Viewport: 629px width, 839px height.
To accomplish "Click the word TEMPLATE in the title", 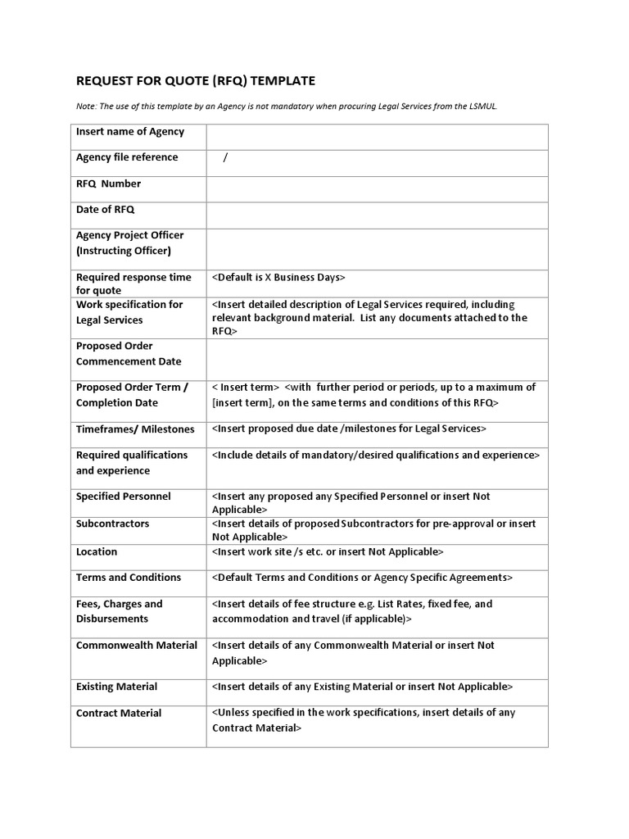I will [x=283, y=80].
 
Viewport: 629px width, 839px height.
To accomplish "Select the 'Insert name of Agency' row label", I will [x=130, y=132].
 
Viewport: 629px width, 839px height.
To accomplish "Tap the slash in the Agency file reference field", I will [x=225, y=158].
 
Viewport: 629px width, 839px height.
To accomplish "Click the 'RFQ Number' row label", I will [x=108, y=184].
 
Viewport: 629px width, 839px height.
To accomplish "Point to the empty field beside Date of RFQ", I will [x=377, y=215].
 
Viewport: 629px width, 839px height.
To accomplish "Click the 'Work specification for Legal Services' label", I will [x=129, y=312].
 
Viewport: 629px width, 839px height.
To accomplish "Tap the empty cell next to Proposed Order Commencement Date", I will [x=377, y=359].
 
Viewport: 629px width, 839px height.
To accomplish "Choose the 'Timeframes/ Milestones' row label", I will [x=135, y=429].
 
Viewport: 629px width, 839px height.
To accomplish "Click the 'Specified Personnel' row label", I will [x=124, y=497].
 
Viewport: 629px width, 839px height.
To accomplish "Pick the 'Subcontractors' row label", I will [x=112, y=524].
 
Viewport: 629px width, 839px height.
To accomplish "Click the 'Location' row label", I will [x=97, y=552].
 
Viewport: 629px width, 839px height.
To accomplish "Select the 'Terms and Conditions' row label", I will [x=129, y=578].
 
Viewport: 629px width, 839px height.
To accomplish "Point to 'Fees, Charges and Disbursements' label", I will [x=120, y=611].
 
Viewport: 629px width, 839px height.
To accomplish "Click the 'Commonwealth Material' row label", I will [x=137, y=646].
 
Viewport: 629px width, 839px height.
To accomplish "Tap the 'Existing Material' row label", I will [x=116, y=687].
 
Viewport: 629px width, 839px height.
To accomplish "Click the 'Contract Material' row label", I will [x=119, y=714].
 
